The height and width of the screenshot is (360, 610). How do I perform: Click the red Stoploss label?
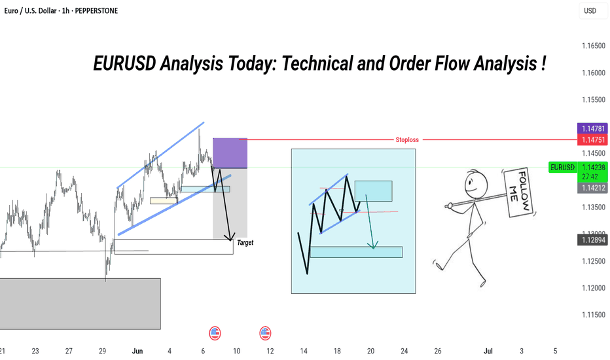pyautogui.click(x=407, y=139)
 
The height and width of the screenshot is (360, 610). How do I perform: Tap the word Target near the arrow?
pyautogui.click(x=245, y=242)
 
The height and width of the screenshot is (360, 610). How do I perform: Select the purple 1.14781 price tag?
pyautogui.click(x=592, y=128)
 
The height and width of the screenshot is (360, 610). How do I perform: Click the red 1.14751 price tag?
pyautogui.click(x=592, y=139)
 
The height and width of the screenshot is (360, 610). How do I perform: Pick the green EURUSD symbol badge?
pyautogui.click(x=562, y=168)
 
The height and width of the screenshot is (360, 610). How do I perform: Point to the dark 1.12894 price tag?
pyautogui.click(x=592, y=240)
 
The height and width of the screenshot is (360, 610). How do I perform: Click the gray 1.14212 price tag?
pyautogui.click(x=592, y=188)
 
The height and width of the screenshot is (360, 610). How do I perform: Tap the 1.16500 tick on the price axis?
pyautogui.click(x=594, y=46)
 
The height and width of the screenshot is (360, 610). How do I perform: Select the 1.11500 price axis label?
pyautogui.click(x=594, y=314)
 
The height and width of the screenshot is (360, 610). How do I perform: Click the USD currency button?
pyautogui.click(x=590, y=11)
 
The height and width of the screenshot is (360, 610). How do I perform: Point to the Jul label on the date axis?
pyautogui.click(x=488, y=351)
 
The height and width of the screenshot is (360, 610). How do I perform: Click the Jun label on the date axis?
pyautogui.click(x=137, y=351)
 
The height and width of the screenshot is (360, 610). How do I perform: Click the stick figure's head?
pyautogui.click(x=476, y=183)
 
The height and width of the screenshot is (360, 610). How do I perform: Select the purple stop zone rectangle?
pyautogui.click(x=230, y=153)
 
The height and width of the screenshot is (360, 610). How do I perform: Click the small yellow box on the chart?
pyautogui.click(x=164, y=201)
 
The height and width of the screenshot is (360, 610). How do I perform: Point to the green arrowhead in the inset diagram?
pyautogui.click(x=373, y=245)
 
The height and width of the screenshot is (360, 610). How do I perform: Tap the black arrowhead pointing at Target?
pyautogui.click(x=230, y=237)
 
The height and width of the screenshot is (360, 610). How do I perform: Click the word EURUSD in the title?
pyautogui.click(x=124, y=63)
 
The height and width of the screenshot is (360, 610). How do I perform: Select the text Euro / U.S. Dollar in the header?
pyautogui.click(x=30, y=11)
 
